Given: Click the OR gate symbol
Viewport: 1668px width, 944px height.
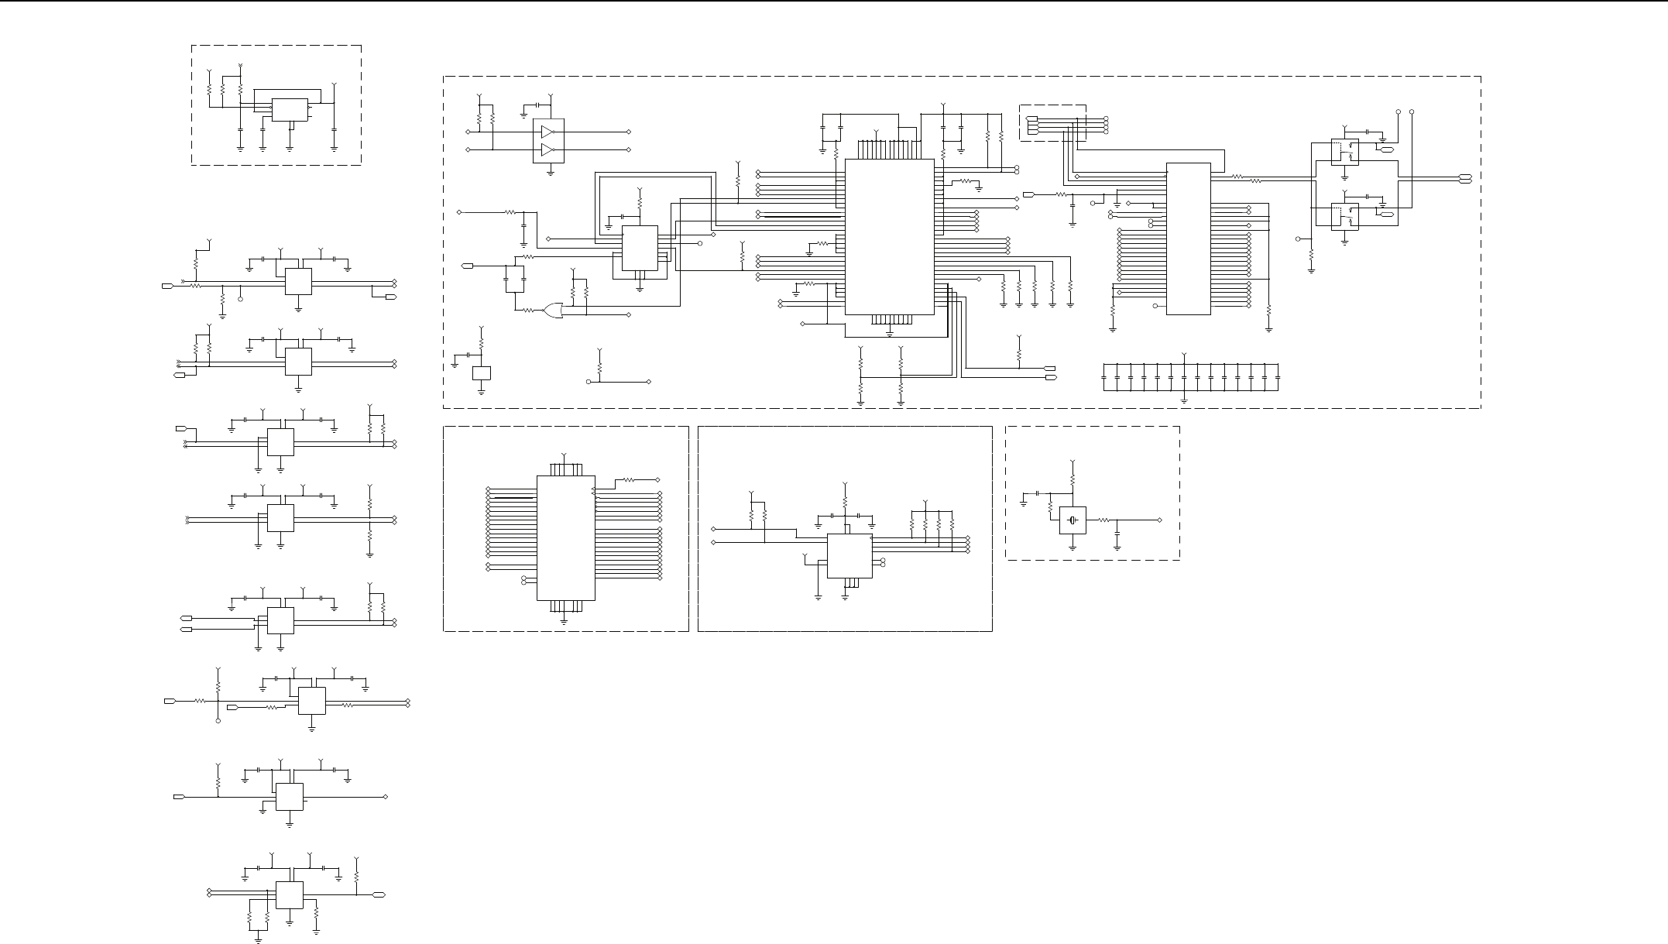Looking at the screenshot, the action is pyautogui.click(x=553, y=311).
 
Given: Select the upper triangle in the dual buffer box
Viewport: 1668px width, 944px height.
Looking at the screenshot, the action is pyautogui.click(x=548, y=132).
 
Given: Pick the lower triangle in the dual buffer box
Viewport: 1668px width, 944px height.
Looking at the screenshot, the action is pyautogui.click(x=548, y=149).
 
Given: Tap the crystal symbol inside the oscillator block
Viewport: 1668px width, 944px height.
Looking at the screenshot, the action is pyautogui.click(x=1073, y=520).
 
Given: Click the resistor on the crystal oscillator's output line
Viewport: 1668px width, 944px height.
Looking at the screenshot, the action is pyautogui.click(x=1105, y=520).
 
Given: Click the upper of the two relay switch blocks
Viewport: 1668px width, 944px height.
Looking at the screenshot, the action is pyautogui.click(x=1344, y=152).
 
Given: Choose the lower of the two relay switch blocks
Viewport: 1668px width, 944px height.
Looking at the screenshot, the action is pyautogui.click(x=1344, y=216).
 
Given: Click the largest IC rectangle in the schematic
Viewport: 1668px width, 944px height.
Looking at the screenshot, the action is pyautogui.click(x=889, y=237).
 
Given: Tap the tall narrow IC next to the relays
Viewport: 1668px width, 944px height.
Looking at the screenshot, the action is pyautogui.click(x=1188, y=239).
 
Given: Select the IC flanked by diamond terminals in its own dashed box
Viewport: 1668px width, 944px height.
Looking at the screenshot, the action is pyautogui.click(x=565, y=537).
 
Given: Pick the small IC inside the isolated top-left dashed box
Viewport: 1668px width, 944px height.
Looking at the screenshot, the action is pyautogui.click(x=289, y=110).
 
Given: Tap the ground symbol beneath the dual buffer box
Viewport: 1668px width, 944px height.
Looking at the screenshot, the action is pyautogui.click(x=550, y=173).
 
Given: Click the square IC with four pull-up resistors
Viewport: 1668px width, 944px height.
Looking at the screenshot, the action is pyautogui.click(x=849, y=556).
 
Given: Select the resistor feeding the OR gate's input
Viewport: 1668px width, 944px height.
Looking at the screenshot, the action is pyautogui.click(x=529, y=310).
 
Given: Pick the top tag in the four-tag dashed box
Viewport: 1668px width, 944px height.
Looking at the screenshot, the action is pyautogui.click(x=1032, y=118).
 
